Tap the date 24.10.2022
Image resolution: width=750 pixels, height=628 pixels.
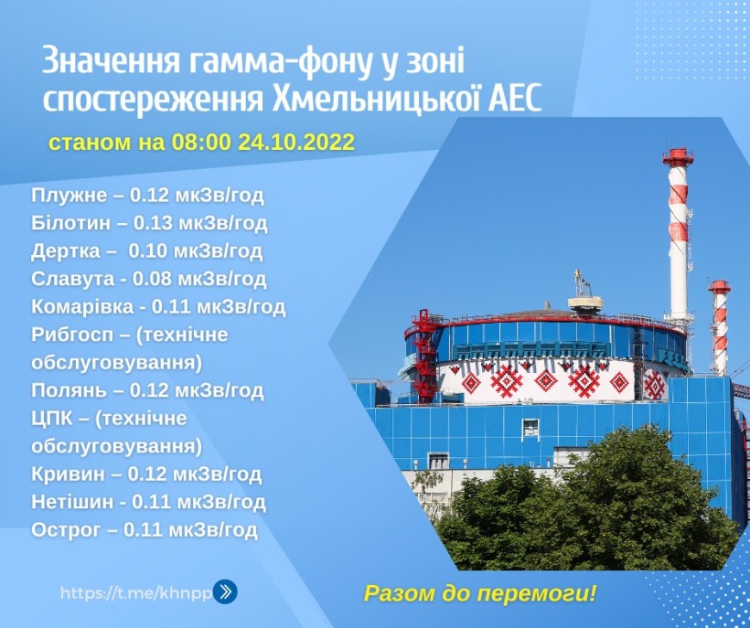296,142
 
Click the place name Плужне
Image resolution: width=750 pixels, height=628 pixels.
69,196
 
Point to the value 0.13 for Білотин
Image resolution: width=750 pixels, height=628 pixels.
152,223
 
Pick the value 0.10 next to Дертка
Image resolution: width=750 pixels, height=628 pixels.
147,250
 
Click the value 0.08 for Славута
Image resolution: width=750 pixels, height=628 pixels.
152,279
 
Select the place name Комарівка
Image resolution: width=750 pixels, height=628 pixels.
82,306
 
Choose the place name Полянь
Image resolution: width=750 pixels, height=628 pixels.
69,390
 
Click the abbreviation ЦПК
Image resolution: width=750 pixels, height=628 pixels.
52,419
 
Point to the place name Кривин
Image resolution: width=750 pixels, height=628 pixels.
68,474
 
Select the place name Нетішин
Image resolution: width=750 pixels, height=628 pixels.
72,502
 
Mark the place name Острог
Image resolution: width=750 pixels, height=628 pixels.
66,530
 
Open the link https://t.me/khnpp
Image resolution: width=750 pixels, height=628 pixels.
136,593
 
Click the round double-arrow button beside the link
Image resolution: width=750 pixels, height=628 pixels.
225,591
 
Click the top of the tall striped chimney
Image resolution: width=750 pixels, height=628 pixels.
678,150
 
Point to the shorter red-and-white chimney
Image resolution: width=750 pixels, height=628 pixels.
720,327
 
